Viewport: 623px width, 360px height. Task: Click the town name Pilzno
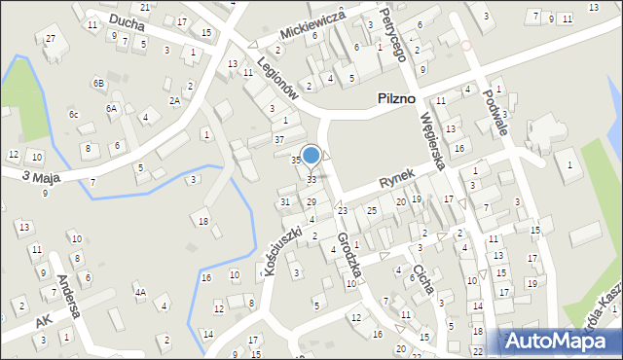point(396,99)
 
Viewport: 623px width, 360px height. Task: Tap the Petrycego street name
point(390,40)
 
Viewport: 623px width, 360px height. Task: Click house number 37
point(279,140)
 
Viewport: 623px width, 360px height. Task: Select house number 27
point(50,37)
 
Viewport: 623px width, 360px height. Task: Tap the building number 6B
point(98,84)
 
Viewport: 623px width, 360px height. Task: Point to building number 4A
point(140,292)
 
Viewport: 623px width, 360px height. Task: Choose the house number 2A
point(174,100)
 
